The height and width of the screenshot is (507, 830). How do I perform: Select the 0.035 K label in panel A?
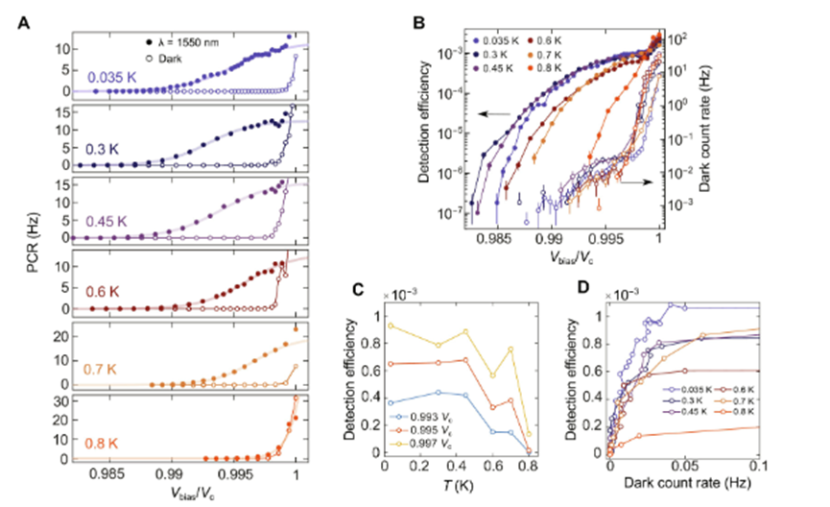point(113,77)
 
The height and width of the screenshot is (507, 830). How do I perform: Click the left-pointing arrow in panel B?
point(495,114)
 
